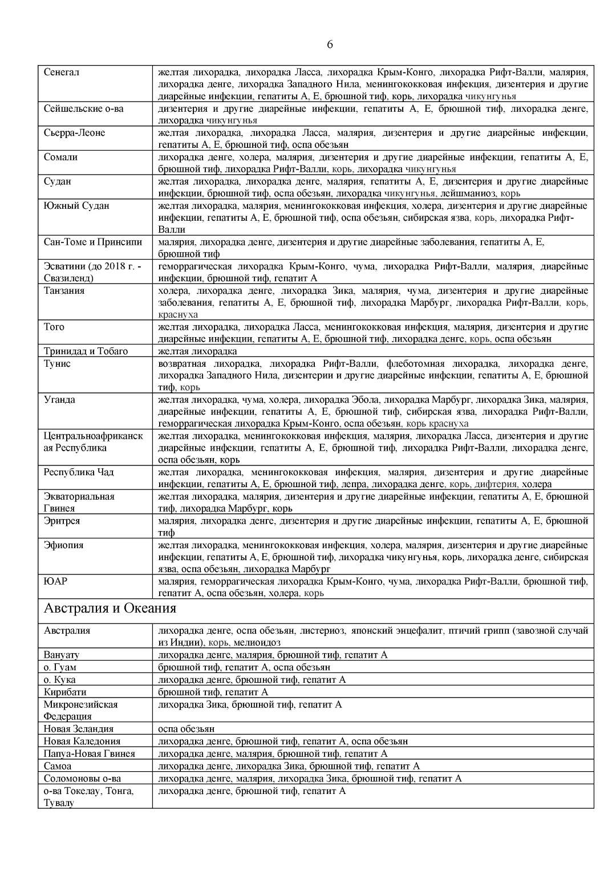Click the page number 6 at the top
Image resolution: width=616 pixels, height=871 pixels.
[330, 45]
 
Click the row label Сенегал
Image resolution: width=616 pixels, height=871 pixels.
[62, 72]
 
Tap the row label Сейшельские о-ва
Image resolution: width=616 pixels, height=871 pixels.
[83, 108]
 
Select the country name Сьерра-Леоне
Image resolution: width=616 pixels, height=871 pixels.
[74, 133]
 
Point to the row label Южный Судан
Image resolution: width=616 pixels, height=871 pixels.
[76, 205]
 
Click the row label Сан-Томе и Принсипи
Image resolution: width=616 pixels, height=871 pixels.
[93, 242]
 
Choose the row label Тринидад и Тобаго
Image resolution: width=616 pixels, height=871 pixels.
[86, 351]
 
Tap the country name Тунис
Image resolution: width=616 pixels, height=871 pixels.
[57, 363]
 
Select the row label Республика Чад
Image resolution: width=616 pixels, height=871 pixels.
[79, 472]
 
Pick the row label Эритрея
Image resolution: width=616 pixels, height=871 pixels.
[62, 521]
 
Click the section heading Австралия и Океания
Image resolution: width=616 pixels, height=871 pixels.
[110, 609]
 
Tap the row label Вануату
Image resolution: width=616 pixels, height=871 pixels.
[62, 655]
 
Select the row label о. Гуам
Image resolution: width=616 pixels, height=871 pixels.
[60, 667]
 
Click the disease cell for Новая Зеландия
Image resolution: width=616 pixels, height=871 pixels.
[187, 729]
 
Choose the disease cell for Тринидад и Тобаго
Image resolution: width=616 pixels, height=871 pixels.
[197, 351]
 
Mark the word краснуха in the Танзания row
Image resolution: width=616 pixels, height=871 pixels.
[178, 315]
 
